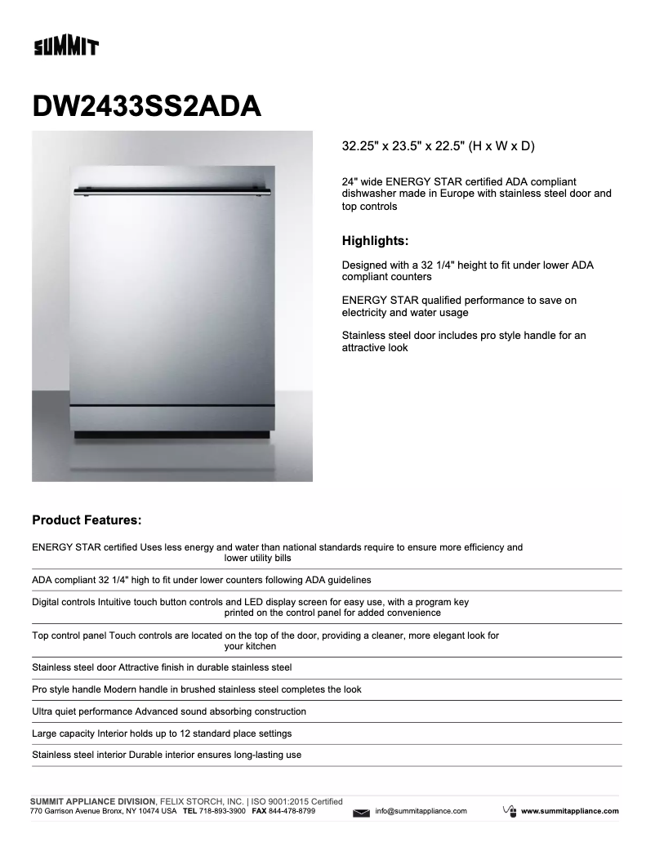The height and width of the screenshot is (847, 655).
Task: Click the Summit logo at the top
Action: [65, 47]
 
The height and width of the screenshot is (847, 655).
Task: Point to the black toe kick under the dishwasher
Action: [172, 434]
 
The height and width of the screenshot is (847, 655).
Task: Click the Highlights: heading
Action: [375, 241]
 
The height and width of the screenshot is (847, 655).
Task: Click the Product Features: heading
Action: [87, 519]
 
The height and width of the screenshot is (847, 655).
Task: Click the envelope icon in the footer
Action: [362, 813]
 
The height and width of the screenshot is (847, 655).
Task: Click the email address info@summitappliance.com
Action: [421, 811]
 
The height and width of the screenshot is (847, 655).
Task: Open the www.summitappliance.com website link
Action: [569, 811]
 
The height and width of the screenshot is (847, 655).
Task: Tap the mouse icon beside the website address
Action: [510, 810]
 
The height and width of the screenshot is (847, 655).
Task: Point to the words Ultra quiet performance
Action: [81, 711]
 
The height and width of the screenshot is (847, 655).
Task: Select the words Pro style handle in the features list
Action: [66, 689]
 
